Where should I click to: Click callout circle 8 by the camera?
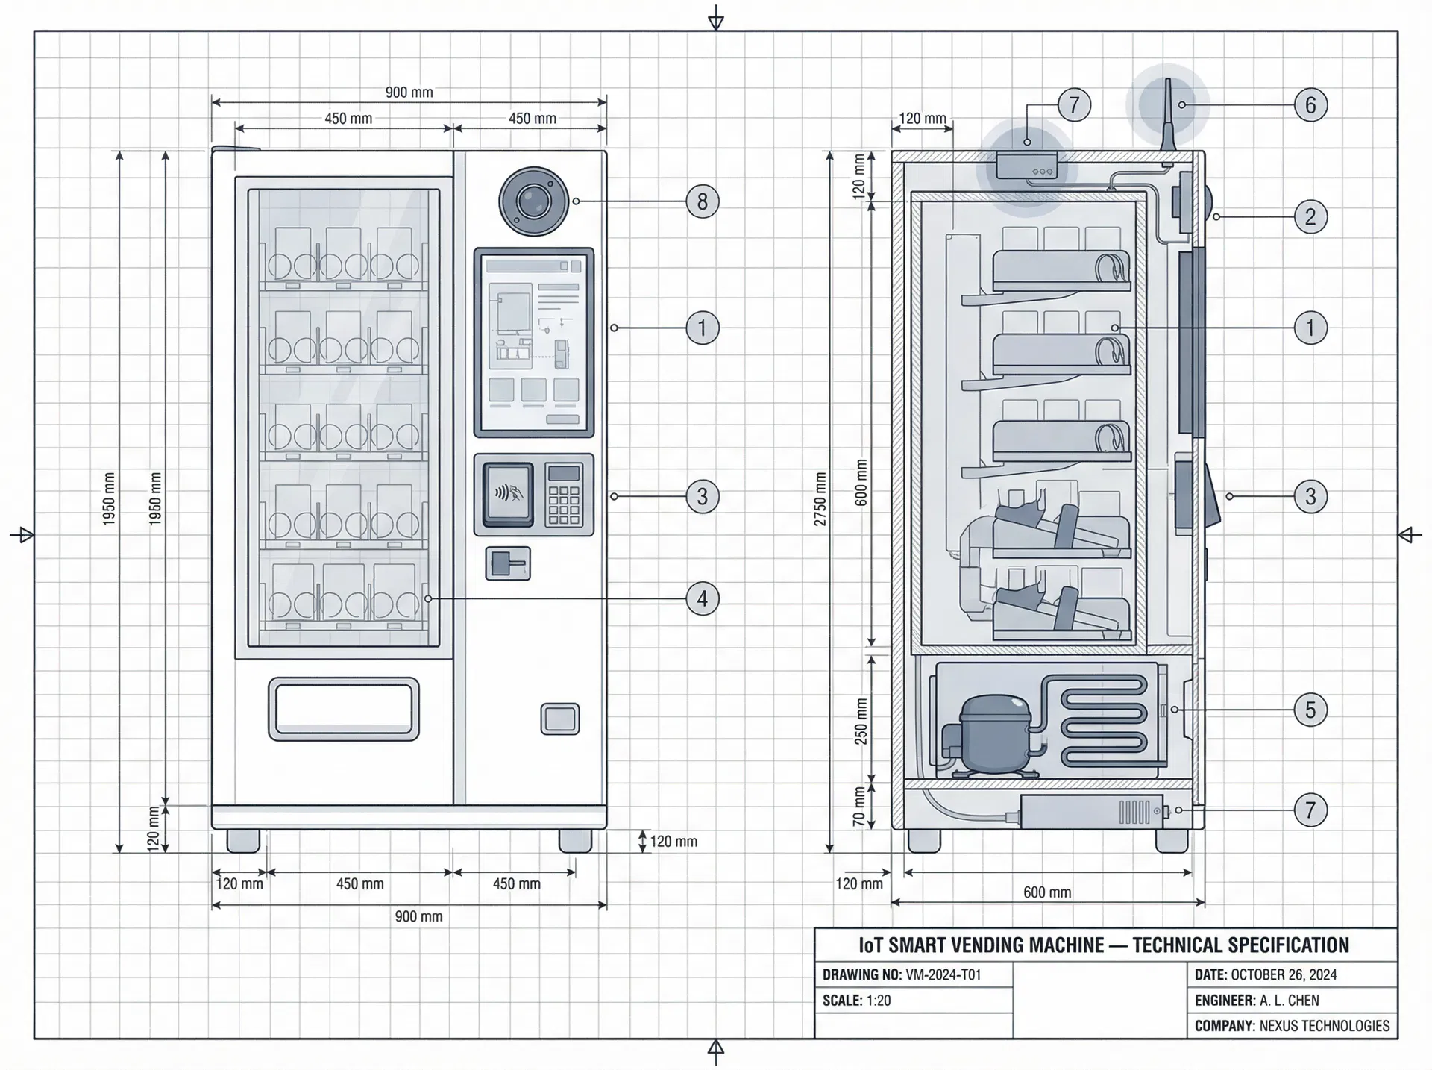[702, 201]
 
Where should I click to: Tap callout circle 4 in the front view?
[702, 598]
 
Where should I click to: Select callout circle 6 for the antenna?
[1310, 104]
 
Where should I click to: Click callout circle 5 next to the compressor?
[1310, 709]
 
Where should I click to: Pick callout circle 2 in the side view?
[1310, 217]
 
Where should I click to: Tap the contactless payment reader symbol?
[509, 493]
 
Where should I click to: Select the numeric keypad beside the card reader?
[564, 495]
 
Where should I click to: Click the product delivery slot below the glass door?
[343, 709]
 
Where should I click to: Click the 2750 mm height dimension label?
[820, 498]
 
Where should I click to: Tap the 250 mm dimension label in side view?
[861, 721]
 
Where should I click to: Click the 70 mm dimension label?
[859, 807]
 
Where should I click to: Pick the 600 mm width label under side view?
[1046, 892]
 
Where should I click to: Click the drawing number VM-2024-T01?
[942, 974]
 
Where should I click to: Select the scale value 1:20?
[878, 1001]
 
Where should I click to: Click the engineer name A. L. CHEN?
[1289, 1001]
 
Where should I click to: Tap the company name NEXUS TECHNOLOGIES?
[1324, 1026]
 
